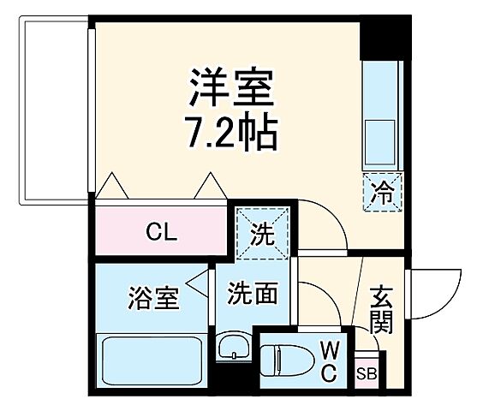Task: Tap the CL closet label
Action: click(160, 231)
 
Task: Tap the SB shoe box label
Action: click(367, 373)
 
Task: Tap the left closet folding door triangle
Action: click(111, 186)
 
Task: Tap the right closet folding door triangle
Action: click(209, 186)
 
